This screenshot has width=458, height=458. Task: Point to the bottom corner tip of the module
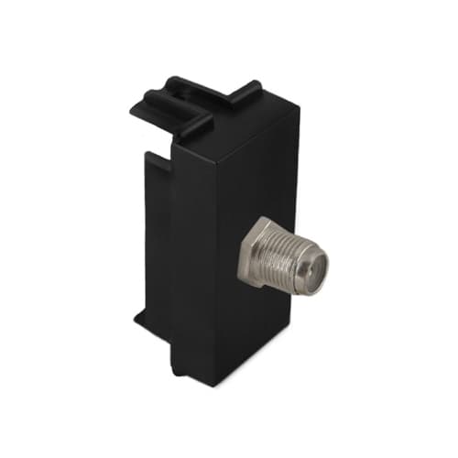point(213,385)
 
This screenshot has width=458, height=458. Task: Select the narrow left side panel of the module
point(156,229)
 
